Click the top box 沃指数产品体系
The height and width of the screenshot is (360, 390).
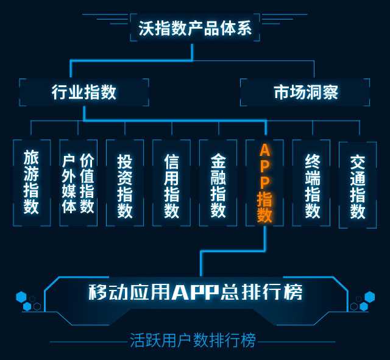pos(195,28)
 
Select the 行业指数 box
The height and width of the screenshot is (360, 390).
pos(84,92)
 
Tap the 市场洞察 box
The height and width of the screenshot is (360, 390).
pos(305,92)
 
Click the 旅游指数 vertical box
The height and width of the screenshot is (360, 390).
pos(31,182)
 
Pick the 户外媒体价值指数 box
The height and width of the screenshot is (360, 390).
pos(78,182)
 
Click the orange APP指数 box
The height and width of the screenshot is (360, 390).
pos(265,183)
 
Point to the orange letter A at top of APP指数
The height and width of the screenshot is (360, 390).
pos(265,150)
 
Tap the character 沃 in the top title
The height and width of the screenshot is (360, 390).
pos(145,28)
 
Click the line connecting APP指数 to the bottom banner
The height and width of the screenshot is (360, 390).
pos(202,262)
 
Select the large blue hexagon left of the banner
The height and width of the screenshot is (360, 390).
pos(21,297)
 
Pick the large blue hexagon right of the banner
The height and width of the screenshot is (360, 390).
pos(369,297)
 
